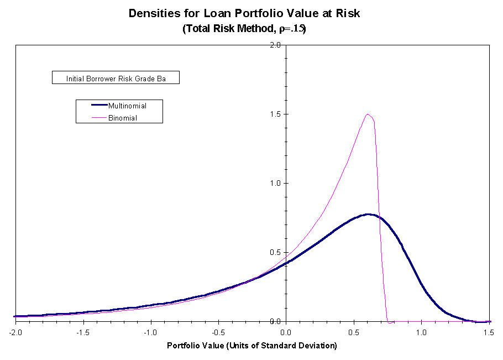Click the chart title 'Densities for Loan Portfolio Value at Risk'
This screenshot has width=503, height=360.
(x=244, y=13)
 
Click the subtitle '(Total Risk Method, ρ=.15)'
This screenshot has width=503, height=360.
(x=244, y=29)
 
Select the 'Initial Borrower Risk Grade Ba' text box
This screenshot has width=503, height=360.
(x=116, y=79)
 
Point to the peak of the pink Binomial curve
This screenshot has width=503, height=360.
(x=367, y=114)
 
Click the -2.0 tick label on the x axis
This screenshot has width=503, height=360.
(x=15, y=332)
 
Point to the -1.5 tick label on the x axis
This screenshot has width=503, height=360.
(x=83, y=332)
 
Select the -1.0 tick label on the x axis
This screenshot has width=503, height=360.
(x=150, y=332)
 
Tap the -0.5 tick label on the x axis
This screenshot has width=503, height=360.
(x=218, y=332)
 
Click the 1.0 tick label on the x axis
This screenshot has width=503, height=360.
(x=421, y=332)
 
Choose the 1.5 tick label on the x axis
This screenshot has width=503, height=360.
(x=489, y=332)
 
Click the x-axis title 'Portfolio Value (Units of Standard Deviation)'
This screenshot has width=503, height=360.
(x=252, y=346)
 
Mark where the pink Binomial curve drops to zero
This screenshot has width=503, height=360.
(x=389, y=321)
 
